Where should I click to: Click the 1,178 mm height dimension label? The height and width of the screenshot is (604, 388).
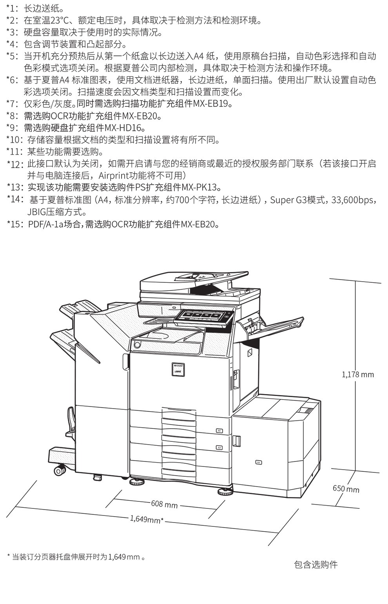(358, 374)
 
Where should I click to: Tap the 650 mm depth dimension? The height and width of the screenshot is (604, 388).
(346, 489)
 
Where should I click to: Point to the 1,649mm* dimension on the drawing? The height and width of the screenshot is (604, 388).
(147, 519)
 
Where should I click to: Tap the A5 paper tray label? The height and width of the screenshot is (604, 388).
(219, 431)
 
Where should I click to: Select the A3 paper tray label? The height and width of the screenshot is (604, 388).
(219, 447)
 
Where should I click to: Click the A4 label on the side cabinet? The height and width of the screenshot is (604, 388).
(258, 463)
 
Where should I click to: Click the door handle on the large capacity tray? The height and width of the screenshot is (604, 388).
(236, 440)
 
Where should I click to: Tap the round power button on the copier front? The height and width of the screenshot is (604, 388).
(137, 344)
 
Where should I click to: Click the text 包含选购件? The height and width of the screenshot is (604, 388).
(315, 564)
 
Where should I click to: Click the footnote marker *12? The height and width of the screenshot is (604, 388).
(16, 164)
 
